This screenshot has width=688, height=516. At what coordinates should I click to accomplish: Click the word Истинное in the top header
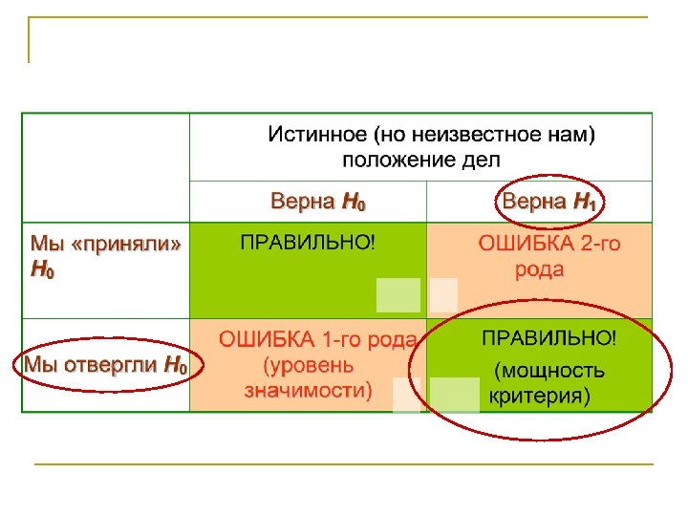316,136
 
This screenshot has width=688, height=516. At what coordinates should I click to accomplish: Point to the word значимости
308,390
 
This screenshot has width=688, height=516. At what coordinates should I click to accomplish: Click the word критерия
539,396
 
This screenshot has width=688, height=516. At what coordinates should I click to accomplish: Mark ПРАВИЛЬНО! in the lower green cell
548,338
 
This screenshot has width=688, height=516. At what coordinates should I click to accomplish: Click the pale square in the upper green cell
398,295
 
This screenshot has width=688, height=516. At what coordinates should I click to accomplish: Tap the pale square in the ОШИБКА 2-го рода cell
443,295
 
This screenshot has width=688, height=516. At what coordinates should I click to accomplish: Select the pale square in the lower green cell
454,395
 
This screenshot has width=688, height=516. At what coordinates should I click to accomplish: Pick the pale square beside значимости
406,395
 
